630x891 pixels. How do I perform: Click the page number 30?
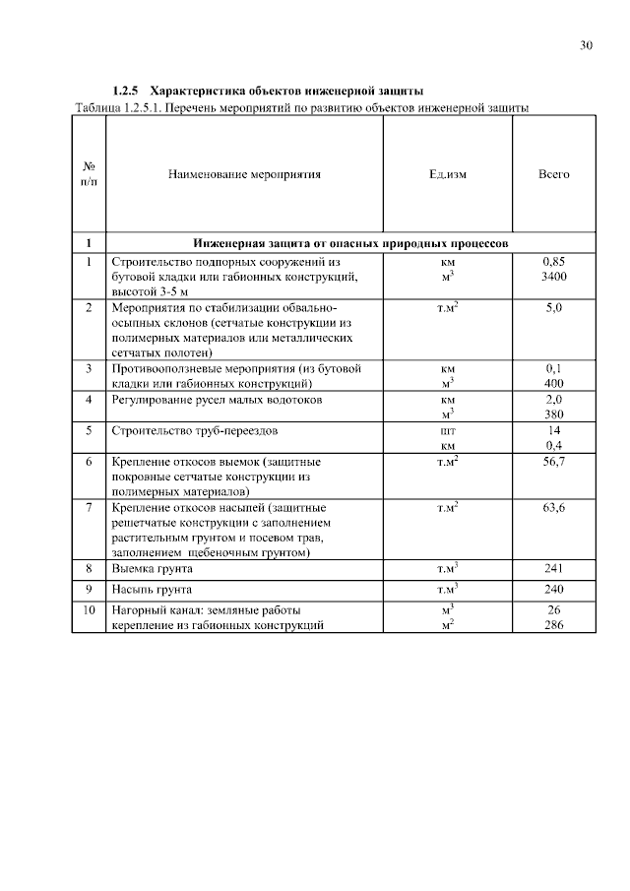pyautogui.click(x=587, y=46)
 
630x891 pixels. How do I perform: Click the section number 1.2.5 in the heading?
pyautogui.click(x=128, y=91)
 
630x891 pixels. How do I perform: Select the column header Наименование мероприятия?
pyautogui.click(x=245, y=174)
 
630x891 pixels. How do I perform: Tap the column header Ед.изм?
pyautogui.click(x=447, y=174)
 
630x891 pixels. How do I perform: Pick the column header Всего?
pyautogui.click(x=553, y=174)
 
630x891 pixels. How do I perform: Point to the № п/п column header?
pyautogui.click(x=89, y=174)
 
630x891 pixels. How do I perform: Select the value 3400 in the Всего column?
pyautogui.click(x=553, y=278)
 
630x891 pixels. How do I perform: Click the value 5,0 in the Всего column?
pyautogui.click(x=553, y=309)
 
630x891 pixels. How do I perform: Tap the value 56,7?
pyautogui.click(x=553, y=461)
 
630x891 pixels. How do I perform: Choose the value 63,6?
pyautogui.click(x=553, y=507)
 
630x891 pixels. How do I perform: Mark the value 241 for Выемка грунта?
pyautogui.click(x=553, y=569)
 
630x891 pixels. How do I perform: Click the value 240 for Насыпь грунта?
pyautogui.click(x=553, y=590)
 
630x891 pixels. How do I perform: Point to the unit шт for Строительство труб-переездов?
pyautogui.click(x=447, y=430)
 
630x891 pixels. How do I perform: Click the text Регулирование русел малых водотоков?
pyautogui.click(x=217, y=400)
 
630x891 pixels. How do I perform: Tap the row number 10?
pyautogui.click(x=89, y=610)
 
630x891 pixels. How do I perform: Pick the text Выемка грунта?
pyautogui.click(x=153, y=569)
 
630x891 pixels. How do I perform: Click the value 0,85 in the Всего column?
pyautogui.click(x=553, y=263)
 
